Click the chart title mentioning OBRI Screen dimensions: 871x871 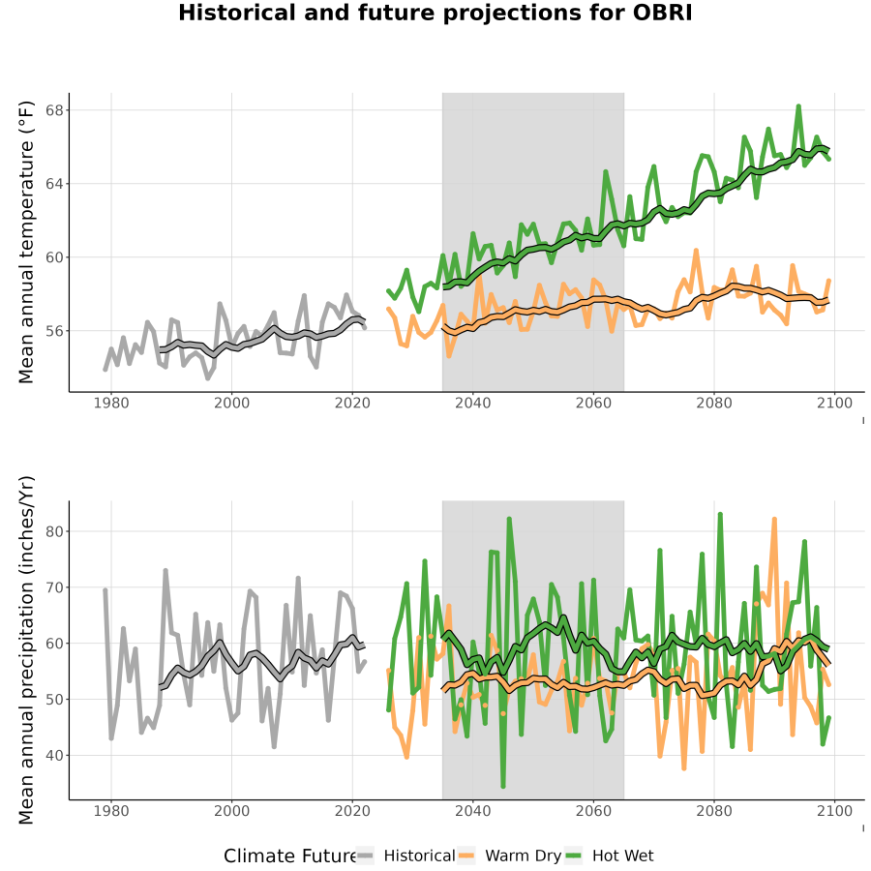click(435, 13)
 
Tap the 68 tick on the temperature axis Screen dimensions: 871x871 click(54, 110)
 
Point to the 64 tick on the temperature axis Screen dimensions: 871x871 click(54, 184)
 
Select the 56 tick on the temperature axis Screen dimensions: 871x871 click(54, 331)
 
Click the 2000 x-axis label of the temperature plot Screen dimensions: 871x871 click(231, 403)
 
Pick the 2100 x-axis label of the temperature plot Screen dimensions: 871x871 click(834, 403)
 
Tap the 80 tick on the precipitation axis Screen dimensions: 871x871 click(54, 531)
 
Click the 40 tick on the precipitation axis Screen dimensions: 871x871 click(54, 756)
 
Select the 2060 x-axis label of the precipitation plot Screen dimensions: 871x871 click(593, 811)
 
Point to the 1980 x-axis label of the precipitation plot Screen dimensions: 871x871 click(111, 811)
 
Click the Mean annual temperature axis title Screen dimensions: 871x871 click(26, 242)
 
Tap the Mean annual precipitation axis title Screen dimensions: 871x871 click(26, 650)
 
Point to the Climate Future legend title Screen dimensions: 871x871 click(289, 856)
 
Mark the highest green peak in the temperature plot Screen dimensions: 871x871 click(798, 106)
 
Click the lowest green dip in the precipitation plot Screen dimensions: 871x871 click(503, 786)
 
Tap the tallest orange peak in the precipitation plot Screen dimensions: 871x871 click(774, 519)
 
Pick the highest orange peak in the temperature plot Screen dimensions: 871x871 click(696, 251)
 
